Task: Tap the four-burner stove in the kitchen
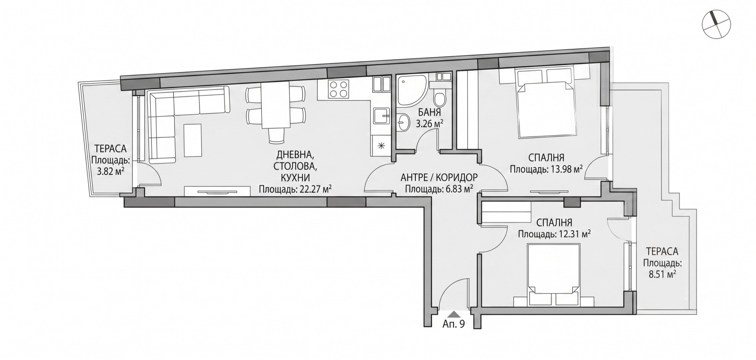[338, 89]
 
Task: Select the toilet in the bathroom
[439, 96]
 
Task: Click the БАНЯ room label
[430, 112]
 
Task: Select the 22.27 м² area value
[316, 189]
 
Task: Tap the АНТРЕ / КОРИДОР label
[439, 177]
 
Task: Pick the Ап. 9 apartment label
[454, 324]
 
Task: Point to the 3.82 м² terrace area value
[111, 171]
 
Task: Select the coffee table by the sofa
[193, 140]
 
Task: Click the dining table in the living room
[275, 105]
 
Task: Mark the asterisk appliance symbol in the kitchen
[381, 146]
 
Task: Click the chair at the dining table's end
[276, 137]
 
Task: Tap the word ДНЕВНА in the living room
[295, 155]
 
